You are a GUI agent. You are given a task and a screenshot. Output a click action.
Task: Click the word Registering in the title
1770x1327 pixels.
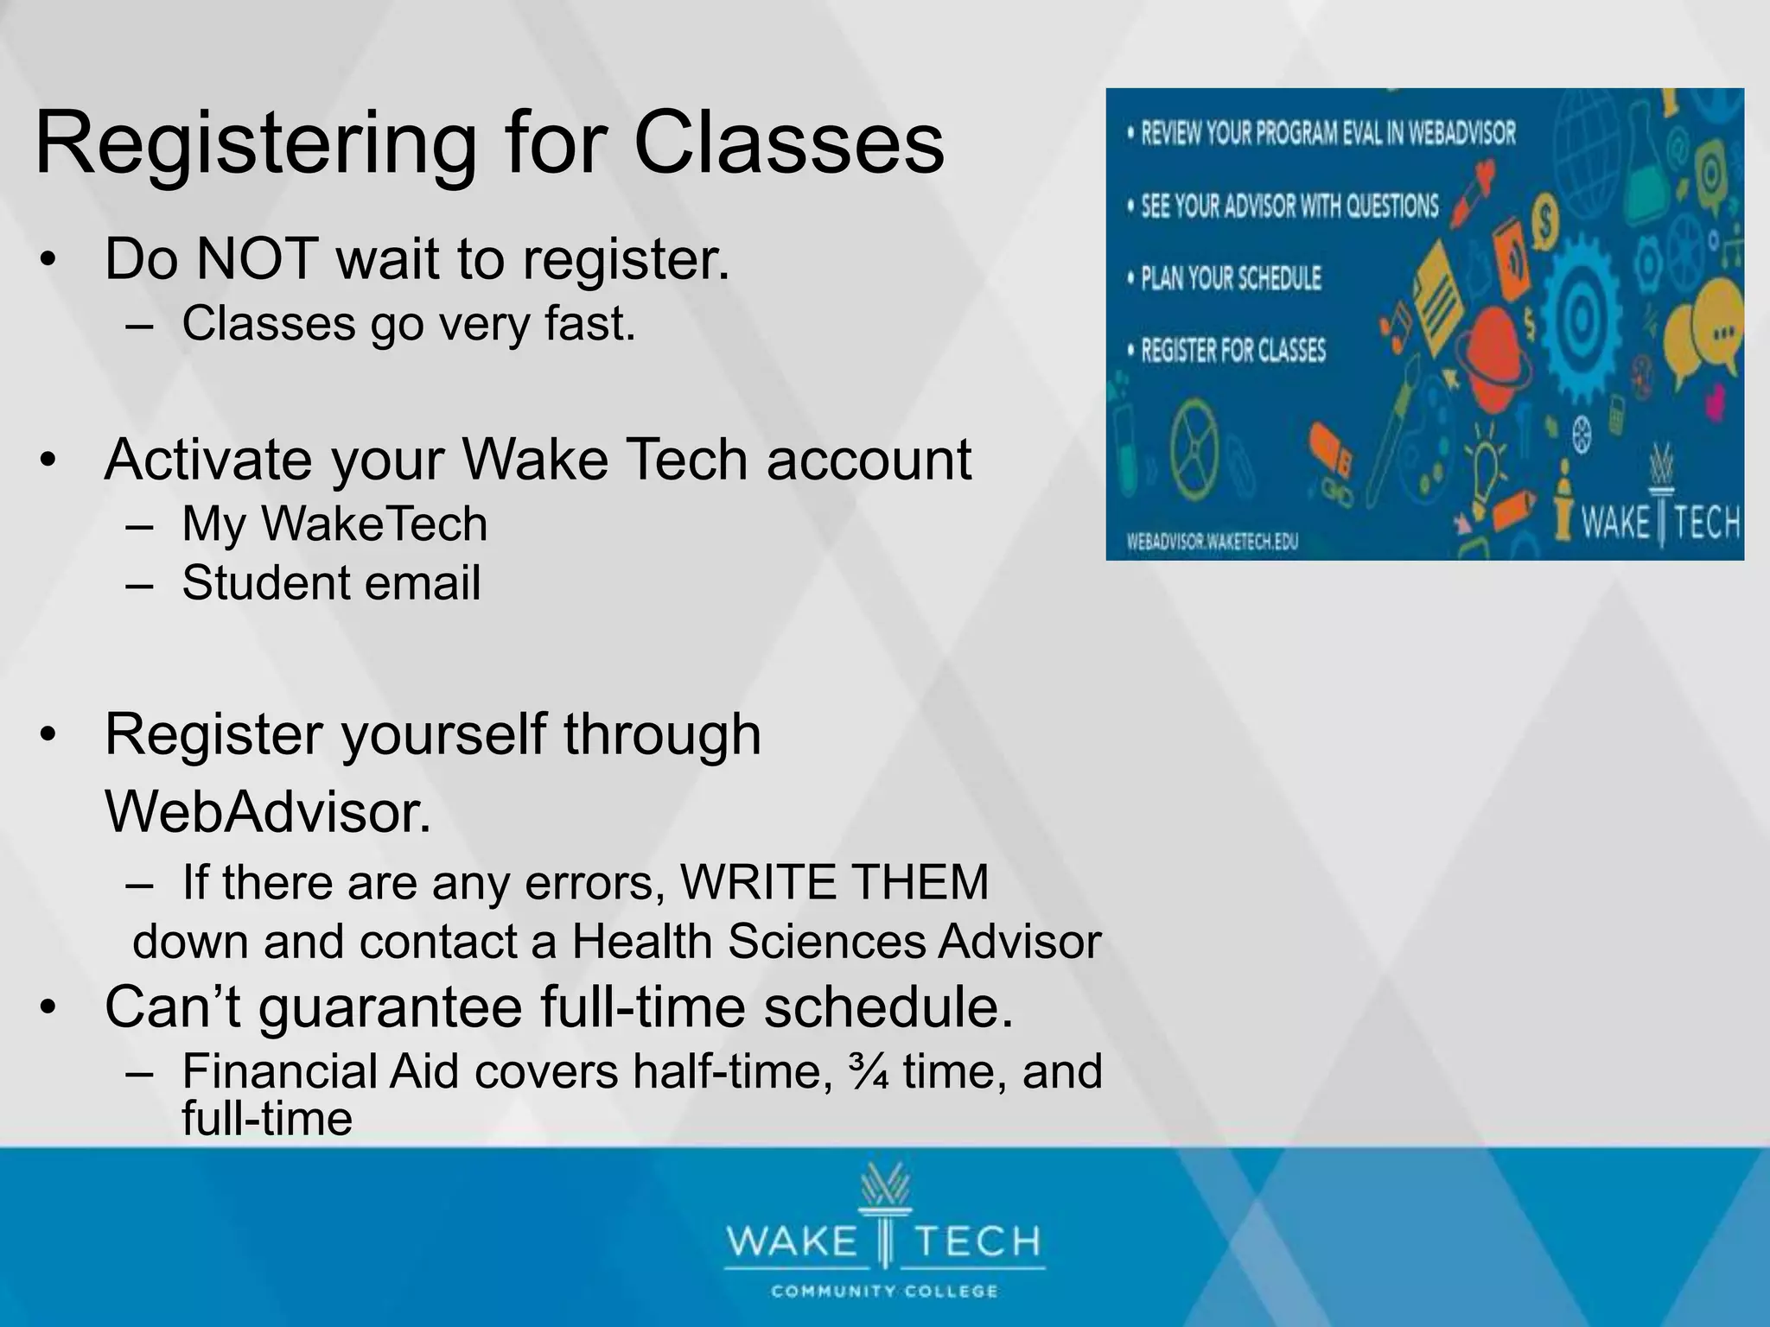255,145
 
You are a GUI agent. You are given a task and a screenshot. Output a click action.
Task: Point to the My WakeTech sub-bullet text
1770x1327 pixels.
334,524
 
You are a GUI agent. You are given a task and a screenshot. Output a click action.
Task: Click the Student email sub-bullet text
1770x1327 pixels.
331,582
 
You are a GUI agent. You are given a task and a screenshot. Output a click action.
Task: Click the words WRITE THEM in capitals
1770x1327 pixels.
834,883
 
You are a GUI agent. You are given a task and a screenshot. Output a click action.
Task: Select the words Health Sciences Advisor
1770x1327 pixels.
836,942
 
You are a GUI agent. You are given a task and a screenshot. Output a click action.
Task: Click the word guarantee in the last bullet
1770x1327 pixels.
389,1007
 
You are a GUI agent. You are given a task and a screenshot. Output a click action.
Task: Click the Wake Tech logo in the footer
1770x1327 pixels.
883,1227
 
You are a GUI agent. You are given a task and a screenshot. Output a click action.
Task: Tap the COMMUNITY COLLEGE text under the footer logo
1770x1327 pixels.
884,1292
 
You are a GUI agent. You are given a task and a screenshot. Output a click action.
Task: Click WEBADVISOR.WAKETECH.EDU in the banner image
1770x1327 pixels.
1212,542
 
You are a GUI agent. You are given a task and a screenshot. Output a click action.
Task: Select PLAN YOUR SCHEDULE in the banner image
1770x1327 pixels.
1231,278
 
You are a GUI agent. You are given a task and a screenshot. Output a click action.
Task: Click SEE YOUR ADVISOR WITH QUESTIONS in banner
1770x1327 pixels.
1289,206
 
